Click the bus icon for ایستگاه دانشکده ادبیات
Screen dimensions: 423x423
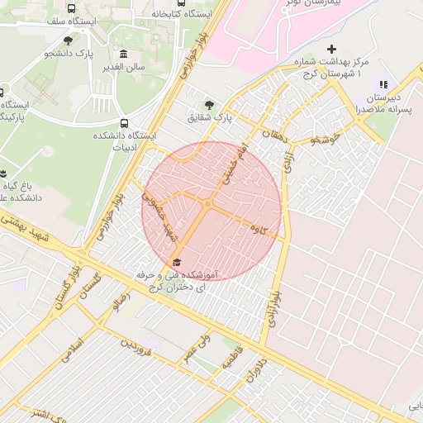click(x=124, y=124)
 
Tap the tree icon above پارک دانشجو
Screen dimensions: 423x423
click(x=69, y=39)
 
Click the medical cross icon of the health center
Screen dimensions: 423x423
click(x=332, y=50)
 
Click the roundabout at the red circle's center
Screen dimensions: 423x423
click(x=209, y=203)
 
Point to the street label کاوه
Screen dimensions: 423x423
click(x=267, y=230)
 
